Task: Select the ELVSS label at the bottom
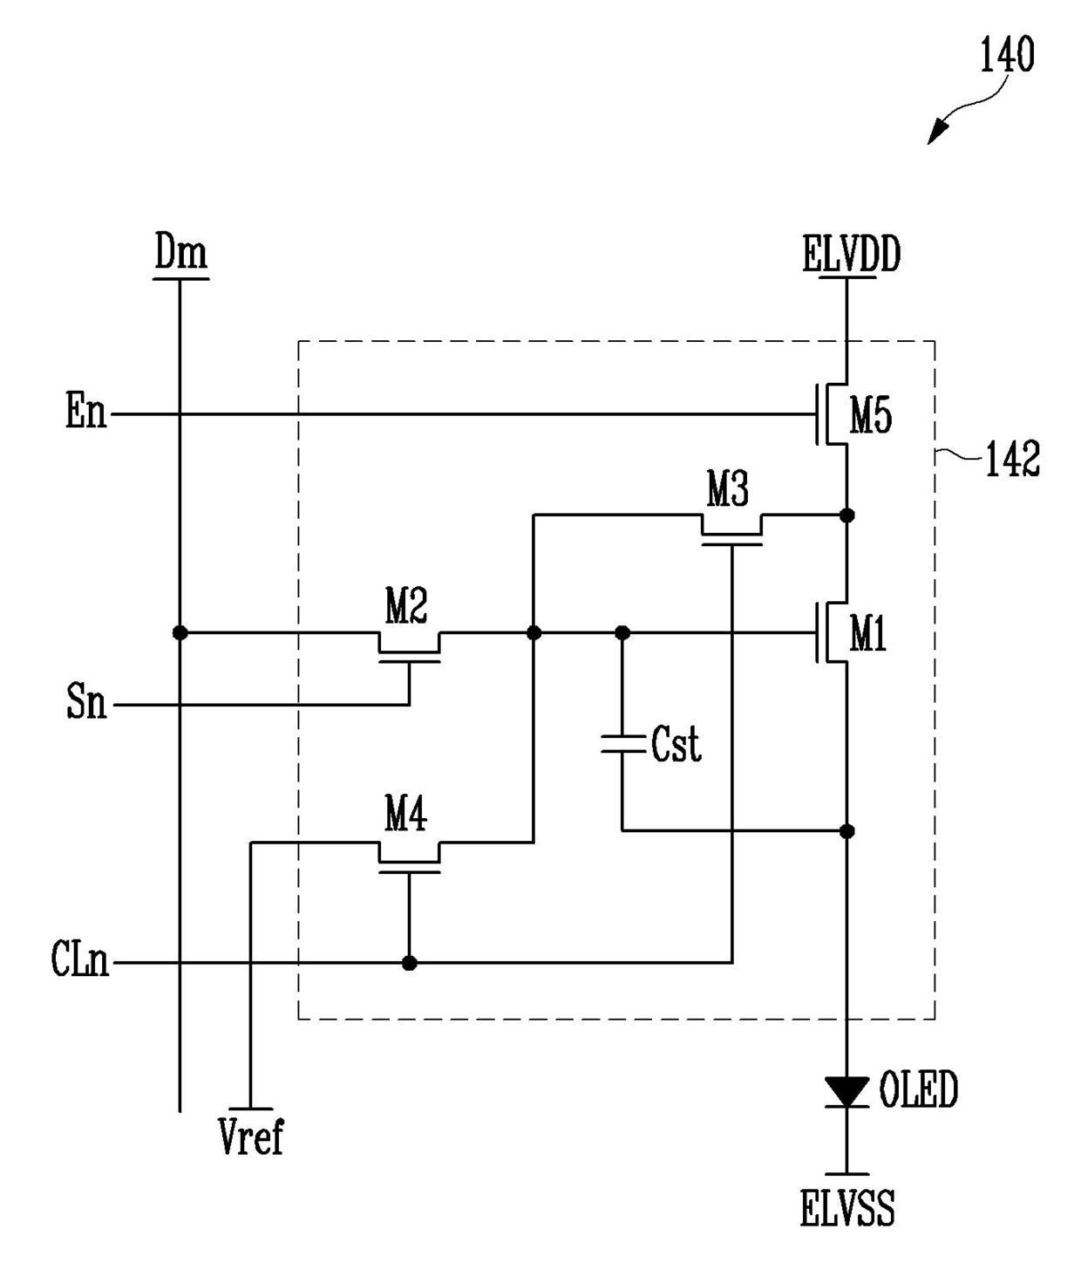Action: point(847,1208)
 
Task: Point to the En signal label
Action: point(86,411)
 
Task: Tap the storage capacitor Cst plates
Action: point(622,744)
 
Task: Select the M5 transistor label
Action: point(871,416)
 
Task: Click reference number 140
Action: point(1007,54)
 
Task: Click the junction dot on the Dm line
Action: point(180,632)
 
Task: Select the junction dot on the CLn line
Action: point(409,963)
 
